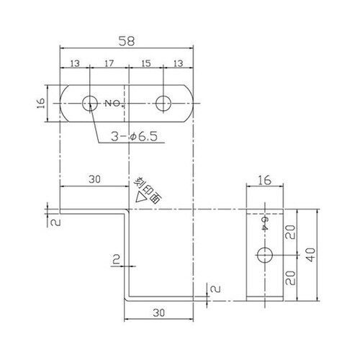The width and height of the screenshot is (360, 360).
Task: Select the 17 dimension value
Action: (x=109, y=64)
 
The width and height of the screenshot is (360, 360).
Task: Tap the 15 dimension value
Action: (x=145, y=64)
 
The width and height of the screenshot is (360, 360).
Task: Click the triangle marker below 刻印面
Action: (x=138, y=197)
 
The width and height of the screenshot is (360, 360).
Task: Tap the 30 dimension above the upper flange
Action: (x=93, y=180)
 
